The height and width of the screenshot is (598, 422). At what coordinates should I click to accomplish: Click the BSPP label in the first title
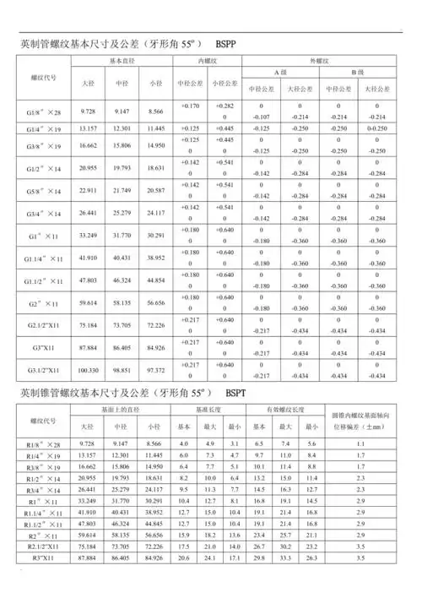pyautogui.click(x=230, y=42)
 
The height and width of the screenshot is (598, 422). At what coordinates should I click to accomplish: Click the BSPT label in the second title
pyautogui.click(x=241, y=394)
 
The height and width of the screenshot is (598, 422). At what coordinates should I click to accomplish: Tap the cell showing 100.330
pyautogui.click(x=88, y=370)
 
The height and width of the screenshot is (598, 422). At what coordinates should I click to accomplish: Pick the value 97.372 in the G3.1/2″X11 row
pyautogui.click(x=155, y=370)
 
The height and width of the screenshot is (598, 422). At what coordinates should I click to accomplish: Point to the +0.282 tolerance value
pyautogui.click(x=225, y=106)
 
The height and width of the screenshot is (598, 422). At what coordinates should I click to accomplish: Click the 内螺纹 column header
pyautogui.click(x=208, y=63)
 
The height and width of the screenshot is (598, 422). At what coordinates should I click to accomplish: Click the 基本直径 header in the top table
pyautogui.click(x=121, y=63)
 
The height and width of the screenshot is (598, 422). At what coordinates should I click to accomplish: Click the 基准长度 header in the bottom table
pyautogui.click(x=208, y=410)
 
